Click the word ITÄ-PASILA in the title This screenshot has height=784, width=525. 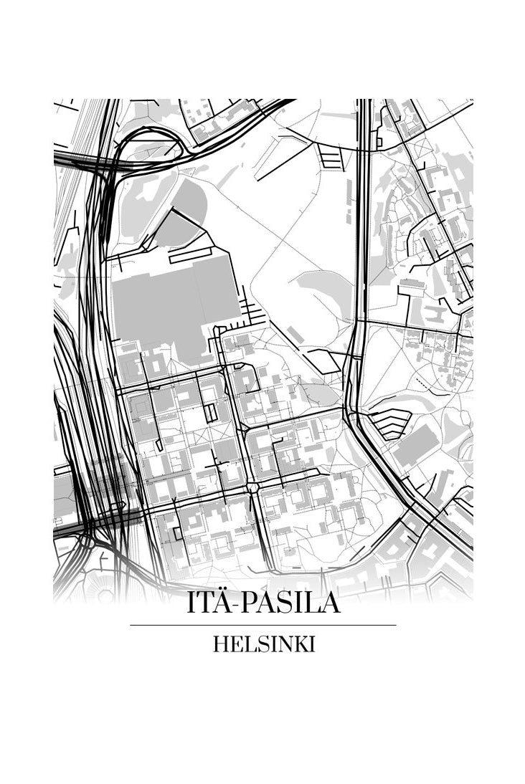click(x=263, y=603)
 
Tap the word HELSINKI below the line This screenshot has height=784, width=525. click(x=263, y=644)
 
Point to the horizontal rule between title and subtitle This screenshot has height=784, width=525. click(x=263, y=625)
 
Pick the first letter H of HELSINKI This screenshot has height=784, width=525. click(x=219, y=644)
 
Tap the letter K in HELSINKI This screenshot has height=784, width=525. click(x=301, y=644)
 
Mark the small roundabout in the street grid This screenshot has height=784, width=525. click(x=252, y=488)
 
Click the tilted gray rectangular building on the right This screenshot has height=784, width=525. click(x=417, y=445)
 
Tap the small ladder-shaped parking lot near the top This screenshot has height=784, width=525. click(x=331, y=156)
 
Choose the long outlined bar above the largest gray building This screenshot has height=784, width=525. click(x=190, y=254)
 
